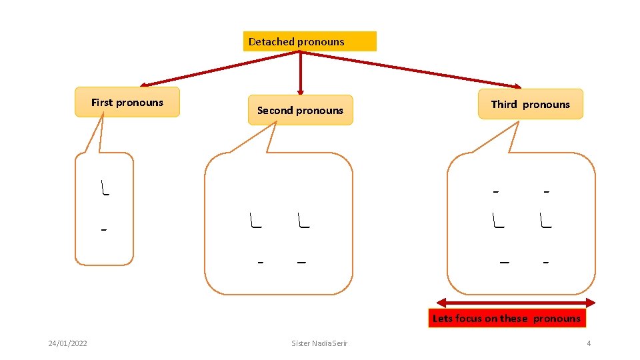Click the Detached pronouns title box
pyautogui.click(x=309, y=41)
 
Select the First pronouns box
pyautogui.click(x=127, y=102)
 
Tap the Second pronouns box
pyautogui.click(x=300, y=110)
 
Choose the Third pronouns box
pyautogui.click(x=531, y=104)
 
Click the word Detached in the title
pyautogui.click(x=272, y=41)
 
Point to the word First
pyautogui.click(x=102, y=102)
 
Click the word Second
pyautogui.click(x=275, y=110)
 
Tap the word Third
pyautogui.click(x=504, y=104)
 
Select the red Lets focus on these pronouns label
pyautogui.click(x=507, y=318)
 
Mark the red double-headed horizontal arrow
pyautogui.click(x=515, y=302)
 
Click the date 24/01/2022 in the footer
pyautogui.click(x=67, y=343)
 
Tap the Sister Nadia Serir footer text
pyautogui.click(x=319, y=343)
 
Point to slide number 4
pyautogui.click(x=589, y=343)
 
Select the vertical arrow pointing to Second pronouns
pyautogui.click(x=301, y=73)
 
